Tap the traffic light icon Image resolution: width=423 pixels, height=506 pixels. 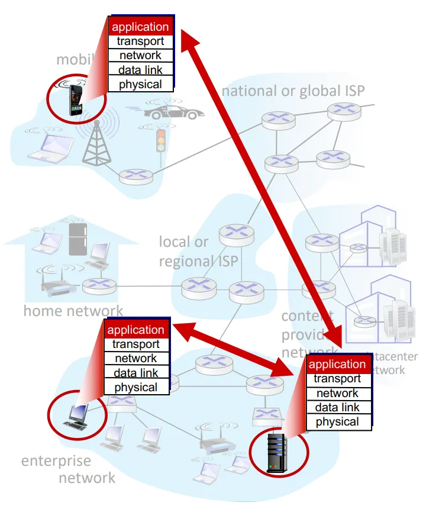[160, 140]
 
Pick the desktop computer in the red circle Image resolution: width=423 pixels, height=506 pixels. [75, 416]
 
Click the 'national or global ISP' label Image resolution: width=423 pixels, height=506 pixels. [293, 91]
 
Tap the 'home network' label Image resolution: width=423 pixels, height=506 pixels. [73, 310]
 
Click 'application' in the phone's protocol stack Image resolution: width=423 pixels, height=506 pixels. [140, 27]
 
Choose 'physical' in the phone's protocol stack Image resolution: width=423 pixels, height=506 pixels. [140, 84]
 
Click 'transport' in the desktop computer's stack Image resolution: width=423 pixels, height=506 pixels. [136, 344]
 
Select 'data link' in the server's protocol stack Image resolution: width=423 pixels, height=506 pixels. [338, 407]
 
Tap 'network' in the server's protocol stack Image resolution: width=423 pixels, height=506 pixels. [338, 393]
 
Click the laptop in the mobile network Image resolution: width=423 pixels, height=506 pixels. [46, 147]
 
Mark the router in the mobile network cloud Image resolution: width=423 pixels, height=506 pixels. [135, 176]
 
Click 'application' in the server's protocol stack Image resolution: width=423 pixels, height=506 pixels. [338, 364]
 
